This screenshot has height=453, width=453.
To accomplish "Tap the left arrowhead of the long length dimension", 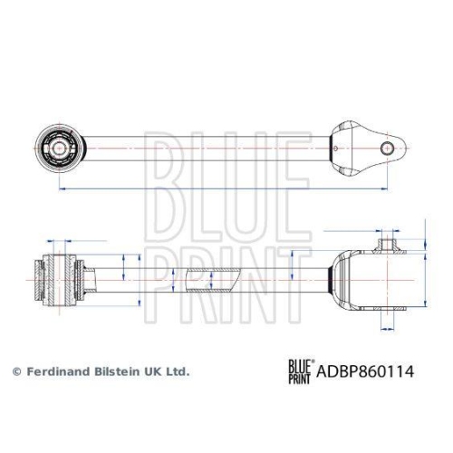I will [60, 188].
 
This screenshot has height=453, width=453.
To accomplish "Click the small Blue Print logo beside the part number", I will [300, 371].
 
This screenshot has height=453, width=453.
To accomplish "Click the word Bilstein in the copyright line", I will [116, 371].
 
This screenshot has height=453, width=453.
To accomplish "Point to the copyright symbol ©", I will [15, 371].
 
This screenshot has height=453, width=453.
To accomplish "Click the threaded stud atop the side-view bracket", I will [390, 243].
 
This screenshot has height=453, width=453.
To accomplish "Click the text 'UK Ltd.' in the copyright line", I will [168, 371].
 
